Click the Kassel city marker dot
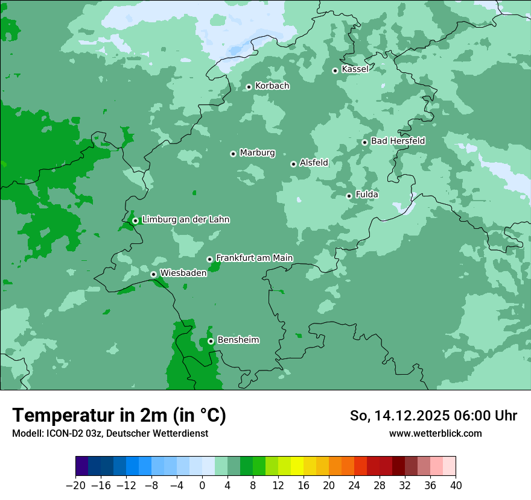pyautogui.click(x=335, y=70)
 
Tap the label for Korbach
pyautogui.click(x=272, y=86)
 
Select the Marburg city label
pyautogui.click(x=257, y=153)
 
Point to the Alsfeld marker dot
pyautogui.click(x=293, y=164)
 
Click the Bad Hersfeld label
pyautogui.click(x=398, y=141)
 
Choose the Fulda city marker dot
pyautogui.click(x=349, y=196)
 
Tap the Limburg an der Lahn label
pyautogui.click(x=185, y=220)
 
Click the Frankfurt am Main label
pyautogui.click(x=254, y=258)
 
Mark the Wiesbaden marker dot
pyautogui.click(x=153, y=274)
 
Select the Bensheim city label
pyautogui.click(x=238, y=340)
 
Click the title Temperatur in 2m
pyautogui.click(x=119, y=416)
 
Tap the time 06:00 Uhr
pyautogui.click(x=488, y=416)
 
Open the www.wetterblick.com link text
pyautogui.click(x=435, y=434)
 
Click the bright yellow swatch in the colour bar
pyautogui.click(x=297, y=466)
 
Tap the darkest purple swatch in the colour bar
pyautogui.click(x=82, y=466)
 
